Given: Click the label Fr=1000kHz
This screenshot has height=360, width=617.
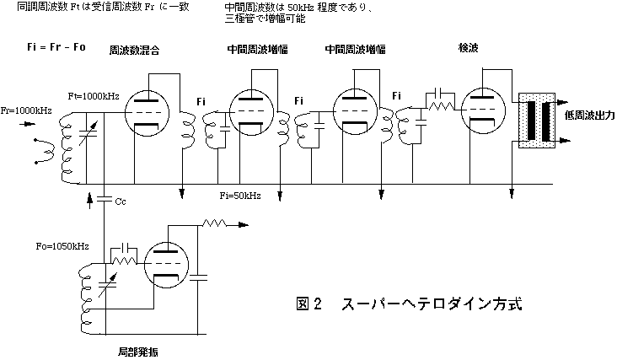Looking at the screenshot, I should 26,111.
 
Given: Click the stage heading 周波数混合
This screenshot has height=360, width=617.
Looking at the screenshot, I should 135,51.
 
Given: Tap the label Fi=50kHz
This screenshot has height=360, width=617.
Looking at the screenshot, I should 239,196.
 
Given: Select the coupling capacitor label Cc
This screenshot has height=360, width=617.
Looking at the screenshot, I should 121,202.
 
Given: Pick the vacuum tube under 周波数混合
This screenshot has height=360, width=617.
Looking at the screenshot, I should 148,113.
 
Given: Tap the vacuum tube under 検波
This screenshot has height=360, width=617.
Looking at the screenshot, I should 481,112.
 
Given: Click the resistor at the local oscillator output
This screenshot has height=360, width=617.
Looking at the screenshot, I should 216,225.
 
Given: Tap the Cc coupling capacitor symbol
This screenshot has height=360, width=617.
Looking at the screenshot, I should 104,199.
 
